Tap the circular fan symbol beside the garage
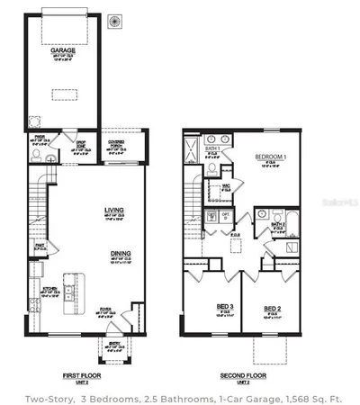point(115,21)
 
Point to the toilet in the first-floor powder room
point(36,156)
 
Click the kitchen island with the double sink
point(68,293)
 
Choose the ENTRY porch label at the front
point(114,345)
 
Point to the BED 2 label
point(273,309)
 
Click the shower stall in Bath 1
point(190,149)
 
